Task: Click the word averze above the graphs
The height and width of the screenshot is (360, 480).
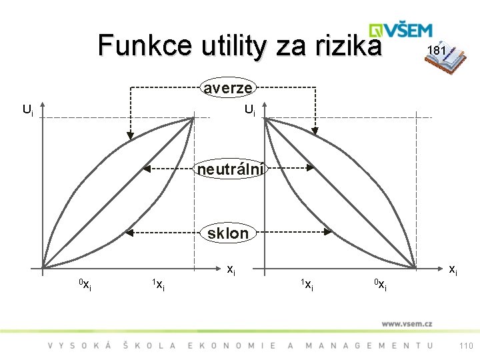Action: click(228, 87)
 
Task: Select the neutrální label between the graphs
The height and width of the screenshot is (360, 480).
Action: click(231, 169)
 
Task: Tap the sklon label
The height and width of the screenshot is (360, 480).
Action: click(228, 233)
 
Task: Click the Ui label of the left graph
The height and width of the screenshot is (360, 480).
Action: click(27, 109)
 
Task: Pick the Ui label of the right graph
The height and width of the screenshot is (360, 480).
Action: click(249, 109)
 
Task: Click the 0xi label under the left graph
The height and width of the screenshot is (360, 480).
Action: click(85, 286)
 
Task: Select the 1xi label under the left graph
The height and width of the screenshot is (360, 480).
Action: click(158, 286)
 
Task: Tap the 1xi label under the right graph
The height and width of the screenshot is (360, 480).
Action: click(307, 286)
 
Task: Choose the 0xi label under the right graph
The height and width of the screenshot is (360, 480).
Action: click(380, 286)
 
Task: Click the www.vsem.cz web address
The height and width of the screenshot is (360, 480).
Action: click(407, 324)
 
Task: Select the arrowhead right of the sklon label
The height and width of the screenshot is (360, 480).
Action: click(329, 233)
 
